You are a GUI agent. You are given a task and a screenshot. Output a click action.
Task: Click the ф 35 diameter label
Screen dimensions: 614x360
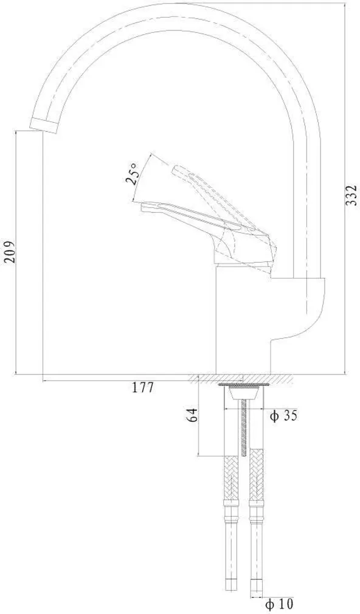(x=283, y=416)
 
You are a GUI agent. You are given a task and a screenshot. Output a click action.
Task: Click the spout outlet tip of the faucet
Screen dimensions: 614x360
(x=43, y=125)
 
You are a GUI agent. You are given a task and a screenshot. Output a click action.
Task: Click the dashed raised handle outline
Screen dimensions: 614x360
(x=207, y=182)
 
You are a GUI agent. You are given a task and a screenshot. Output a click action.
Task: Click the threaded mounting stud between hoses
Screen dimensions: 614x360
(x=245, y=426)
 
